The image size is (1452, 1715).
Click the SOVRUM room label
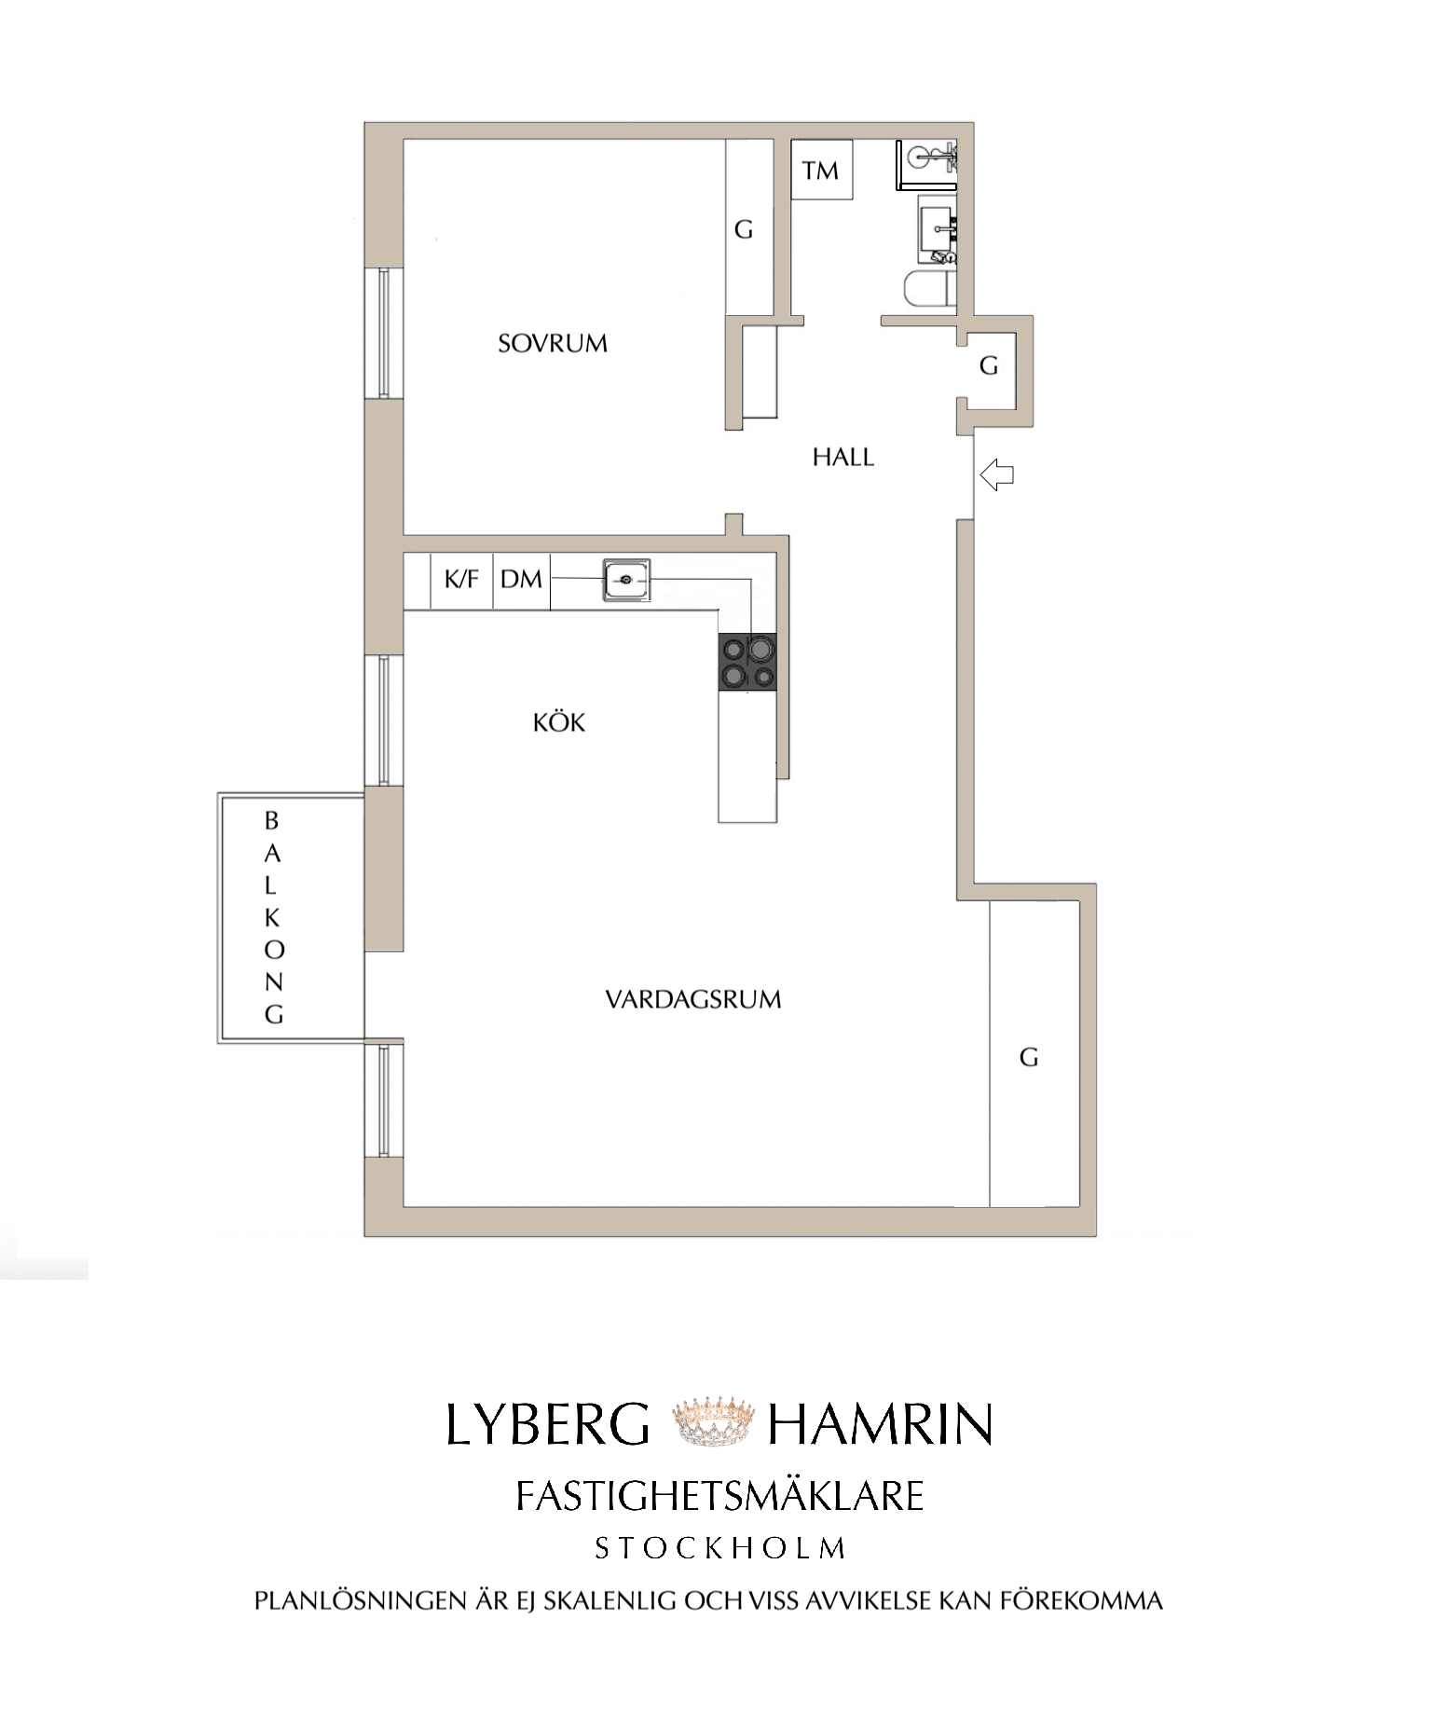pos(553,343)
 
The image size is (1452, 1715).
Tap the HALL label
pos(843,457)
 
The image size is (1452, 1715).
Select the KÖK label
pos(559,722)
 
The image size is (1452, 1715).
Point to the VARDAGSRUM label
pos(693,999)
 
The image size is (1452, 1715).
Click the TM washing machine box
pos(821,170)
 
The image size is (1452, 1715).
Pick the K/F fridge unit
pos(461,580)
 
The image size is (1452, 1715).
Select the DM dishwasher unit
pos(521,580)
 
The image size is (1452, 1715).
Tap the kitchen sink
pos(626,580)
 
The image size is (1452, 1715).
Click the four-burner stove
pos(747,663)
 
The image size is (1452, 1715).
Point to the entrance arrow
pos(997,474)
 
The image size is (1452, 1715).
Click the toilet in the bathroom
pos(930,288)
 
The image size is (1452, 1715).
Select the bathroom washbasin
pos(937,228)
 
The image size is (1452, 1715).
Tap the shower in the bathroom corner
pos(926,165)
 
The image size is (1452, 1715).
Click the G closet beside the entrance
pos(990,365)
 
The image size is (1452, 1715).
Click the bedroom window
pos(383,334)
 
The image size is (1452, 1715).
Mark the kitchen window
pos(383,720)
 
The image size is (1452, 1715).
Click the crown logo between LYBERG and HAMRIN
pos(709,1422)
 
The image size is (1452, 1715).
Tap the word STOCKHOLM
pos(720,1549)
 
